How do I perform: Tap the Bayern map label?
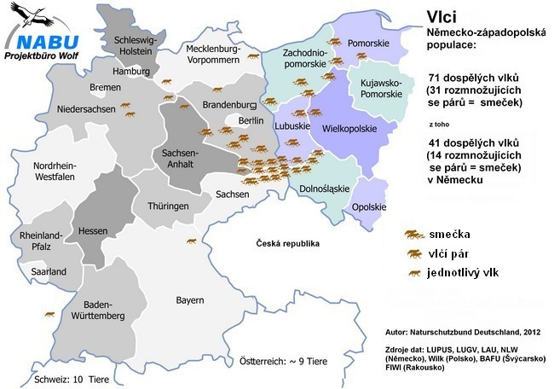point(190,299)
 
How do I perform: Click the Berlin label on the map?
point(251,121)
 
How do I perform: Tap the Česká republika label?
point(288,243)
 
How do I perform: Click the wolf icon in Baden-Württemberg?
point(50,315)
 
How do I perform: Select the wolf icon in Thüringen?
point(193,240)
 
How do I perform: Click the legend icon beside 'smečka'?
point(415,234)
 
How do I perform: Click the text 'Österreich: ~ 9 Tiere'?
point(280,360)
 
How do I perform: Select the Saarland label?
point(48,271)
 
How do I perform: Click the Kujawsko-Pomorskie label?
point(376,87)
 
